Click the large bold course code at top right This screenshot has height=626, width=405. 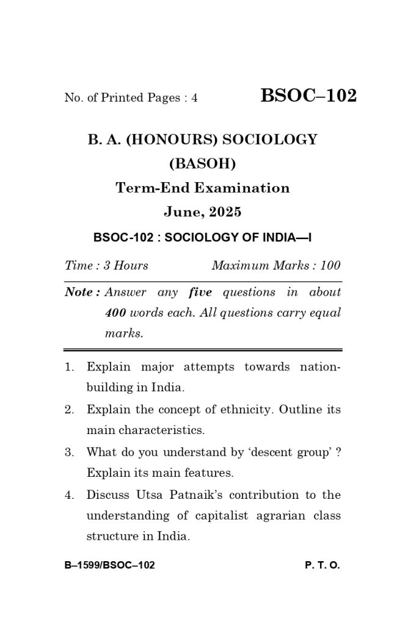(308, 96)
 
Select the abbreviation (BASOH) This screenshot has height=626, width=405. (202, 164)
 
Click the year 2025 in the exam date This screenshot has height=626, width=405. (225, 212)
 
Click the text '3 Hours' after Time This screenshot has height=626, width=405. (126, 265)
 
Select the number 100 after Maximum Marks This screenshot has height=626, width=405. (330, 265)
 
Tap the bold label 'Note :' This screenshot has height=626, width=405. (82, 292)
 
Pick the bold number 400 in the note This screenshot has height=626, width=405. (115, 313)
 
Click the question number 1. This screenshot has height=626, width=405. (69, 367)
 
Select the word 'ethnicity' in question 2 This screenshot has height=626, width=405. (246, 410)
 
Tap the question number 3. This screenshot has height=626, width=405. (69, 452)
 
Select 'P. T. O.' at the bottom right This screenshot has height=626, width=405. (322, 565)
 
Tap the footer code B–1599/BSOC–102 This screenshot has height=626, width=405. (109, 565)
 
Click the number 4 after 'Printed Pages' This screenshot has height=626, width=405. (194, 98)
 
